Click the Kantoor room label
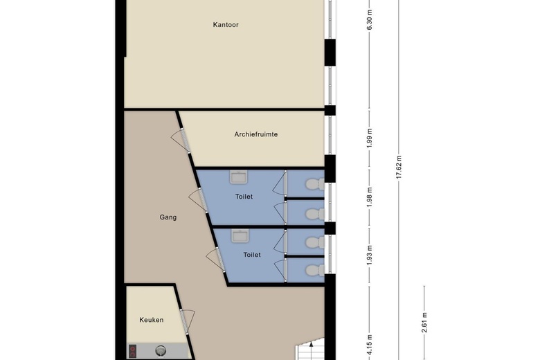click(226, 25)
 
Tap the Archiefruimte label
click(256, 134)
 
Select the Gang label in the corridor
click(168, 217)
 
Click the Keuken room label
click(151, 320)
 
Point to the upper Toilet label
click(244, 197)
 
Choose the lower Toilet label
click(252, 255)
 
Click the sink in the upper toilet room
click(239, 177)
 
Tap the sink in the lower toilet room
click(241, 236)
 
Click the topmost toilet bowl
click(315, 184)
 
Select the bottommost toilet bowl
click(315, 270)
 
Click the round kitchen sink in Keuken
click(161, 350)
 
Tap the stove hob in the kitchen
click(133, 352)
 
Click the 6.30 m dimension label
click(370, 20)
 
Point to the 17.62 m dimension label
click(399, 167)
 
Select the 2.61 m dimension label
click(424, 323)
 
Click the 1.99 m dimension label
click(370, 138)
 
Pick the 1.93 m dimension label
click(370, 255)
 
